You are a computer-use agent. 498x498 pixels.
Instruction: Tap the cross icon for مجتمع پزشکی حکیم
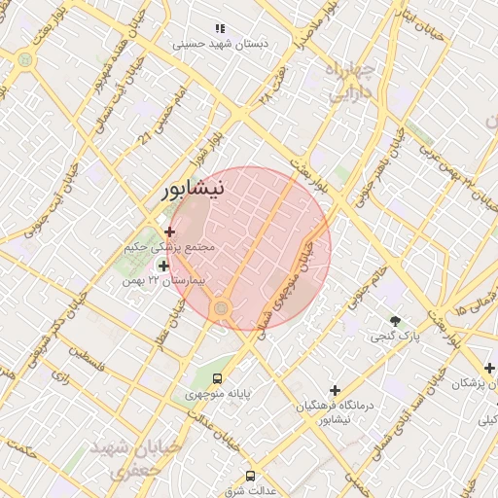pyautogui.click(x=170, y=231)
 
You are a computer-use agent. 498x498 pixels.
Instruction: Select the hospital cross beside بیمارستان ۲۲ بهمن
pyautogui.click(x=163, y=266)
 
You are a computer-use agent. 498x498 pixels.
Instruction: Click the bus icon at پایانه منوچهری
pyautogui.click(x=217, y=378)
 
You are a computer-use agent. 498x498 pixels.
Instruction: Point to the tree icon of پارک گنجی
pyautogui.click(x=395, y=321)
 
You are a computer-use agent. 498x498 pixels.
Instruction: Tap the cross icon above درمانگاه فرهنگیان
pyautogui.click(x=335, y=389)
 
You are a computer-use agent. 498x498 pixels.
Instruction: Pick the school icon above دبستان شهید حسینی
pyautogui.click(x=220, y=29)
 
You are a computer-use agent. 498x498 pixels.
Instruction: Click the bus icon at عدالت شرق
pyautogui.click(x=250, y=477)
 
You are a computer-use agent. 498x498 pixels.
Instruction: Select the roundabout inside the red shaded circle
pyautogui.click(x=222, y=308)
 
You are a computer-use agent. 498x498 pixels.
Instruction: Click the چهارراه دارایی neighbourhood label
pyautogui.click(x=350, y=82)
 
